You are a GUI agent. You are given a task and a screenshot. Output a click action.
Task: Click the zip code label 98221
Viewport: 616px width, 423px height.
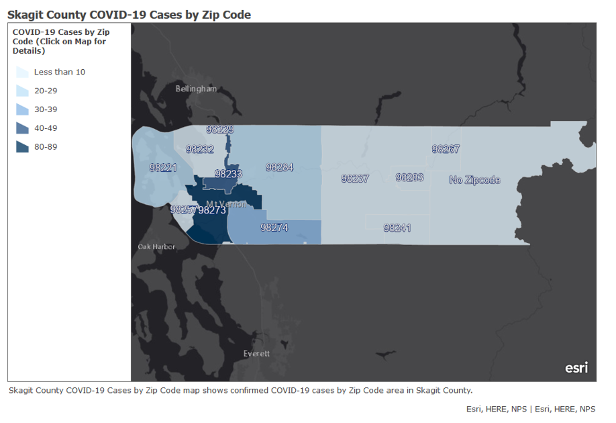click(x=164, y=167)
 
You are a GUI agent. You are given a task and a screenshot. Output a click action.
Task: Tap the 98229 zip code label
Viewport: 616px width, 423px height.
click(x=220, y=130)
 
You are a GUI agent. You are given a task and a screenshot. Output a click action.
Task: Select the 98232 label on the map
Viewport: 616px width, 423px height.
click(x=200, y=149)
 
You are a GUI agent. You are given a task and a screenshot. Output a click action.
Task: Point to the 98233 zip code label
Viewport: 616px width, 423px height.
click(x=228, y=173)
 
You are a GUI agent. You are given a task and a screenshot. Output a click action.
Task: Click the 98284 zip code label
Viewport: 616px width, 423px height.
click(x=279, y=167)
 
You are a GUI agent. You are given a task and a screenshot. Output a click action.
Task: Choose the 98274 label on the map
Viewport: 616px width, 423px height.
click(x=274, y=228)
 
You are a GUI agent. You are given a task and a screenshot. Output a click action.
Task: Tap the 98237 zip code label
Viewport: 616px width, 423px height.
click(x=355, y=179)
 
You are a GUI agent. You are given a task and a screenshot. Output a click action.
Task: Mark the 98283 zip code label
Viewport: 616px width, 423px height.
click(x=409, y=177)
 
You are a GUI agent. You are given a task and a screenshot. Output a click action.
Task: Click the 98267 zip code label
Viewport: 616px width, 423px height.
click(x=446, y=149)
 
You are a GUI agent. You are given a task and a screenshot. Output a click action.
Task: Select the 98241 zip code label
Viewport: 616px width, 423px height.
click(x=397, y=228)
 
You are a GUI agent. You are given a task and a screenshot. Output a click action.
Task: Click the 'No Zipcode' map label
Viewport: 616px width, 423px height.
click(x=474, y=180)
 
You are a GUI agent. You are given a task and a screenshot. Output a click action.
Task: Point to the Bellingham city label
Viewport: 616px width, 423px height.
click(x=196, y=89)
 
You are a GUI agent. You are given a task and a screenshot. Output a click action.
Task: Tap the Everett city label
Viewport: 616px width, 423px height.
click(x=256, y=353)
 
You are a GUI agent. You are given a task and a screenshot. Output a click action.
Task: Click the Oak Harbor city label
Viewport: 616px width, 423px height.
click(x=156, y=246)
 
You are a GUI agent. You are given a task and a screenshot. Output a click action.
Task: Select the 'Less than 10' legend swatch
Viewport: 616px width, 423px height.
click(x=22, y=73)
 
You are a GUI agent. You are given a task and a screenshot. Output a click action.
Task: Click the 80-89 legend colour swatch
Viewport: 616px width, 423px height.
click(x=22, y=147)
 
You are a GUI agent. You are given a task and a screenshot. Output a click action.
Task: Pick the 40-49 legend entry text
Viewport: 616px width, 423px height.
click(x=46, y=128)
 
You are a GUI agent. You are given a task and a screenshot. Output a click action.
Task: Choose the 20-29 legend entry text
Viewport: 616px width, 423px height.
click(x=46, y=91)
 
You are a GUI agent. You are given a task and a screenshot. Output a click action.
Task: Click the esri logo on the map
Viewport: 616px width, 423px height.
click(x=576, y=367)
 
